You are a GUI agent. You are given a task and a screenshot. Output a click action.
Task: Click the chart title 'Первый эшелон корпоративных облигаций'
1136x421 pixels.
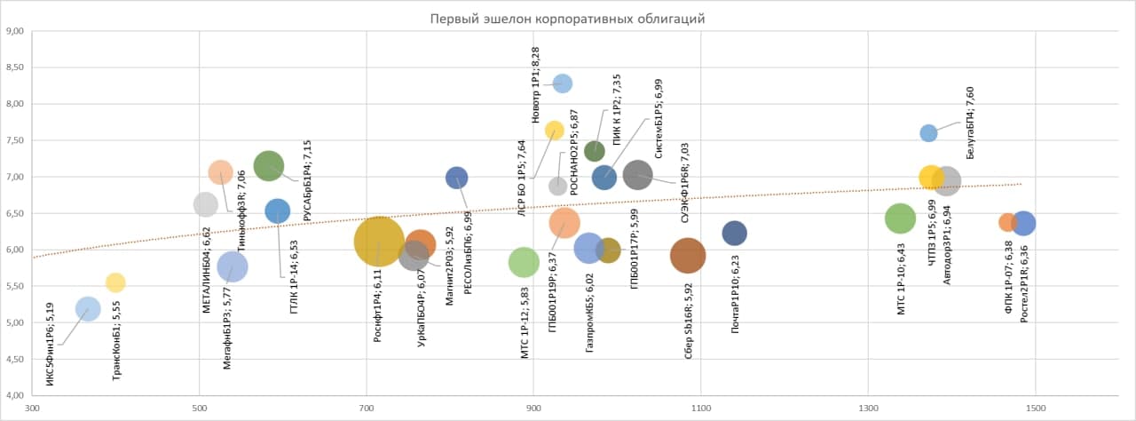(x=568, y=19)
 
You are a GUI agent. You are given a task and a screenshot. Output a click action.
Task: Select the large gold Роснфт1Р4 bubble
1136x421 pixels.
(x=380, y=242)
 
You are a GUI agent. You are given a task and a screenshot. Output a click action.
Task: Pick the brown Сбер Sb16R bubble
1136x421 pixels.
(x=688, y=255)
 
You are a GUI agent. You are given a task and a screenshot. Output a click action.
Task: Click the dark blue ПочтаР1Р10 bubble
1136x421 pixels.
(x=734, y=233)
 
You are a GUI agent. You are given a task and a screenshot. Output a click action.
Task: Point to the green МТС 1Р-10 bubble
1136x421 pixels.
(x=900, y=218)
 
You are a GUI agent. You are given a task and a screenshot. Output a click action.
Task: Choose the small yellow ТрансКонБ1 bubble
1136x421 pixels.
(x=115, y=282)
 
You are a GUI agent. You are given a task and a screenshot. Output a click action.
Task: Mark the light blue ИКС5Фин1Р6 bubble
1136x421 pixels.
(x=88, y=308)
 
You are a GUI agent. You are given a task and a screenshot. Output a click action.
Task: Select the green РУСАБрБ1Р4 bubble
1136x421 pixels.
(x=269, y=165)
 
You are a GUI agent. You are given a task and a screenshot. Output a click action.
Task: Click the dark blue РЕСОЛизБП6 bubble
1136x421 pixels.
(x=456, y=178)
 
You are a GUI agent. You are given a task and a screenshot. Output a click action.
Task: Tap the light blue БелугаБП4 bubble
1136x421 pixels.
(x=928, y=133)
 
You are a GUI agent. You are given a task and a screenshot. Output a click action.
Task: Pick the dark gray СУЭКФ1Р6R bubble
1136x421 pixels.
(x=637, y=175)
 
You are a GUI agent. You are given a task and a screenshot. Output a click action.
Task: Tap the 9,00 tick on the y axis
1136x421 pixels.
(x=14, y=32)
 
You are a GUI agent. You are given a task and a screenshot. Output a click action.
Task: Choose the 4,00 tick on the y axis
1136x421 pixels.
(x=14, y=394)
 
